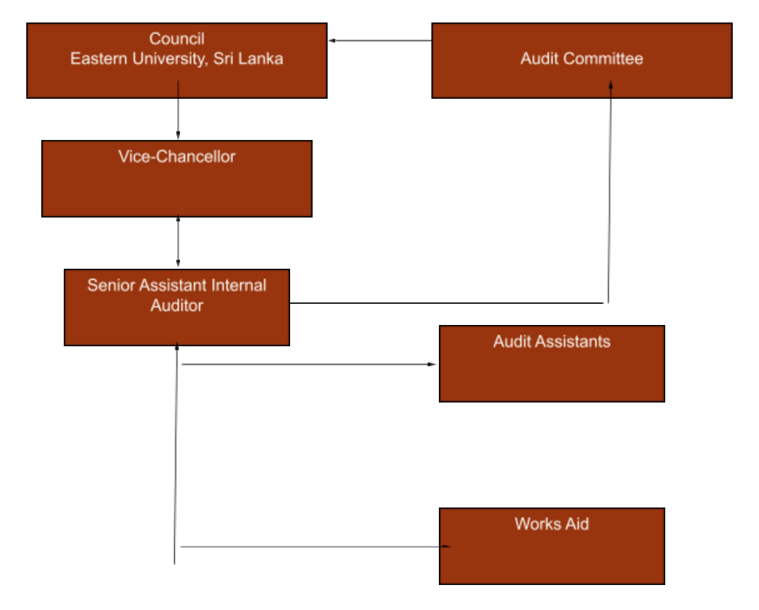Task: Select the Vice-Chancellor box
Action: [176, 187]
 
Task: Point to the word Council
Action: [177, 39]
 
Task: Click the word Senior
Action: [110, 286]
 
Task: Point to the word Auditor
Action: [177, 306]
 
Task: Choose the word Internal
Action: [239, 286]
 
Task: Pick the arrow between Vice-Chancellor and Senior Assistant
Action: [178, 242]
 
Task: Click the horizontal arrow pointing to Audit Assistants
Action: [309, 364]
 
